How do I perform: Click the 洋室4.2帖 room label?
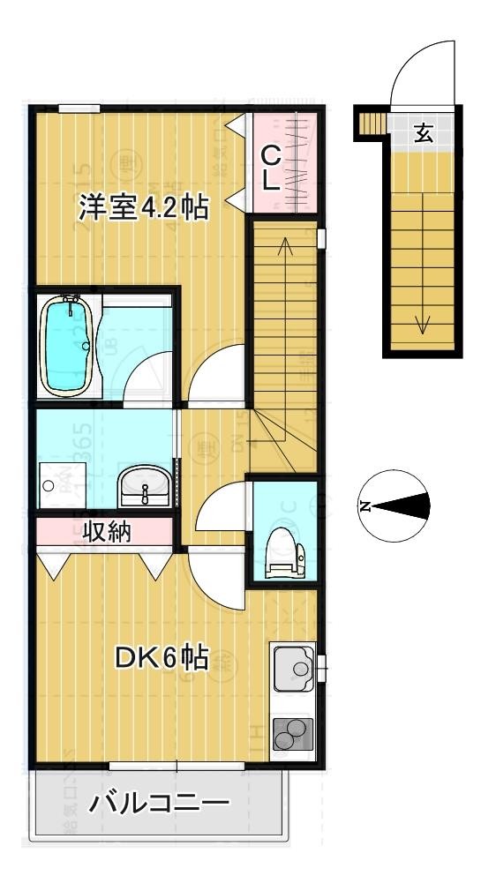pos(143,208)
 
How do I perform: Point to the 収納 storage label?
pos(107,532)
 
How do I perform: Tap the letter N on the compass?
pos(365,506)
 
